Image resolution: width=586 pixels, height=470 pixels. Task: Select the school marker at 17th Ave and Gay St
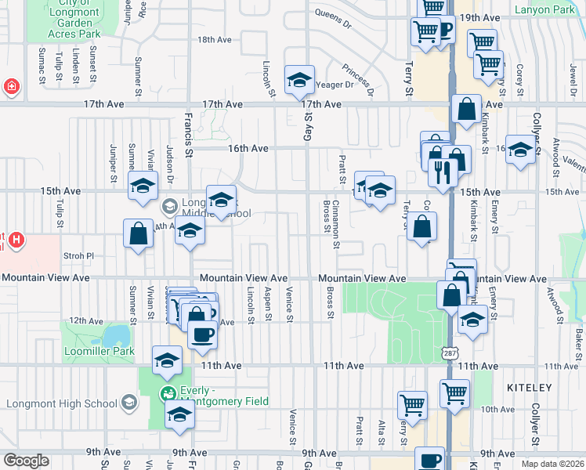tap(298, 81)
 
